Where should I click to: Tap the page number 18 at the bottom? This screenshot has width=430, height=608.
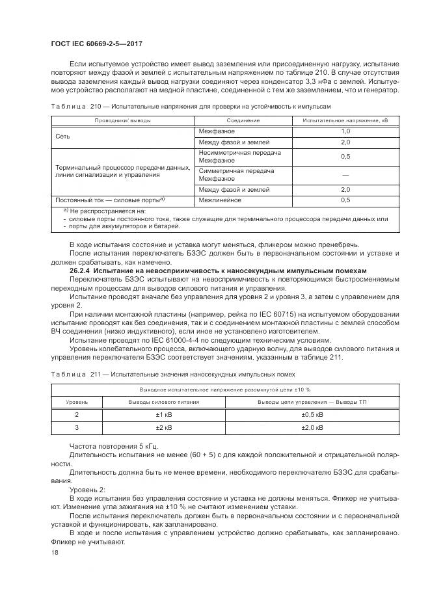tap(54, 551)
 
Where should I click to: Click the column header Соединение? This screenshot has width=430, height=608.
tap(243, 121)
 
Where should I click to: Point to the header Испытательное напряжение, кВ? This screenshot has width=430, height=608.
tap(345, 121)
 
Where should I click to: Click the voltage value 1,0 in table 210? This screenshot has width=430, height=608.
tap(345, 131)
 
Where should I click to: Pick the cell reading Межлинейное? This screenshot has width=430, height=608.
tap(221, 200)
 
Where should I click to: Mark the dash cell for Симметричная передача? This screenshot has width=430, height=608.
tap(345, 175)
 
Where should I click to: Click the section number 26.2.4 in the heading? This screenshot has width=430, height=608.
tap(81, 270)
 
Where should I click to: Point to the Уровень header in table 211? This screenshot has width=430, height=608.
tap(76, 403)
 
